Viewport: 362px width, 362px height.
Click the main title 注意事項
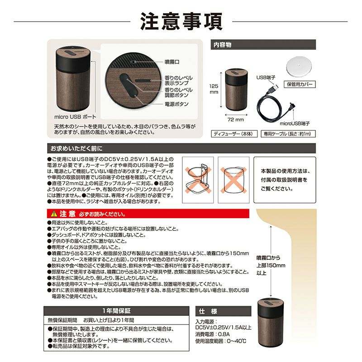pyautogui.click(x=181, y=21)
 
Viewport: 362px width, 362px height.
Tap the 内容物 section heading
pyautogui.click(x=222, y=44)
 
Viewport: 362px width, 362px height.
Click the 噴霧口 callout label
pyautogui.click(x=172, y=62)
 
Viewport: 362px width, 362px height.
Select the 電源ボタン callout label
pyautogui.click(x=176, y=104)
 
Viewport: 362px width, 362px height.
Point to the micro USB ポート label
pyautogui.click(x=75, y=117)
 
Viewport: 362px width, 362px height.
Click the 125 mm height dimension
pyautogui.click(x=214, y=89)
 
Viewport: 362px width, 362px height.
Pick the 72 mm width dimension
pyautogui.click(x=236, y=119)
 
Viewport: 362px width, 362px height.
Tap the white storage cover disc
pyautogui.click(x=300, y=66)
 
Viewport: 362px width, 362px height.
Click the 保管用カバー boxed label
pyautogui.click(x=300, y=84)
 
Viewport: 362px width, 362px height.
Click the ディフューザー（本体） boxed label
pyautogui.click(x=234, y=134)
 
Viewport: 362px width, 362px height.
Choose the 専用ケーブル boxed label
pyautogui.click(x=288, y=134)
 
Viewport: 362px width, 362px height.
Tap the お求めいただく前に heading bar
pyautogui.click(x=181, y=148)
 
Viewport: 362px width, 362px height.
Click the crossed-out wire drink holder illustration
pyautogui.click(x=198, y=180)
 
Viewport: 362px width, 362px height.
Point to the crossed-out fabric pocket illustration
pyautogui.click(x=233, y=180)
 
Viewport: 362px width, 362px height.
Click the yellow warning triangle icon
pyautogui.click(x=54, y=214)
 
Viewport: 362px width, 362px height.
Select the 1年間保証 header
pyautogui.click(x=116, y=311)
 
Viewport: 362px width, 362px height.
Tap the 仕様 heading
pyautogui.click(x=208, y=311)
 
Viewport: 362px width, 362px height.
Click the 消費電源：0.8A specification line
pyautogui.click(x=213, y=334)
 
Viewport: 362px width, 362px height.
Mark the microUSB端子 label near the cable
pyautogui.click(x=295, y=124)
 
